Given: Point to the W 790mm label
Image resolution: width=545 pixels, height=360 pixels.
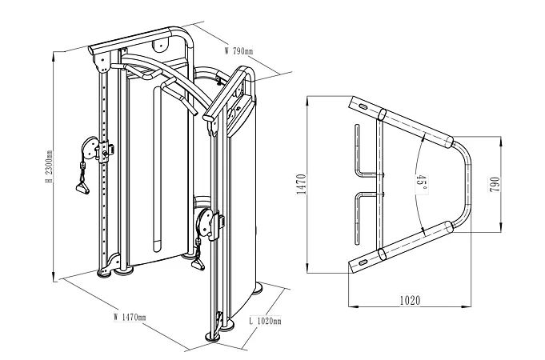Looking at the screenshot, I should coord(238,50).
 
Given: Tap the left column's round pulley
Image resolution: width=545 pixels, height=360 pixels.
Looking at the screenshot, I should coord(90,148).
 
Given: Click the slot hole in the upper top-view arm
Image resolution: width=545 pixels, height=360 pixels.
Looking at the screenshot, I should coord(361,106).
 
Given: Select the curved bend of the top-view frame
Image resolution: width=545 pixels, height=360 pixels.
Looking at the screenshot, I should coord(467,184).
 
